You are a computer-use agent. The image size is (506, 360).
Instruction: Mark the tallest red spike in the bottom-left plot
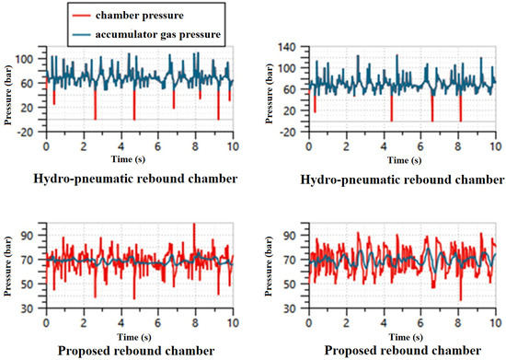(x=194, y=225)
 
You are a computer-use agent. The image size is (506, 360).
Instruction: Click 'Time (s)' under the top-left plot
(x=140, y=158)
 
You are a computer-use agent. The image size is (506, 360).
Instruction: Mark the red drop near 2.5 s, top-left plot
(x=95, y=116)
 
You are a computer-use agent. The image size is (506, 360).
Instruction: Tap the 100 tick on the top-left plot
(x=31, y=59)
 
